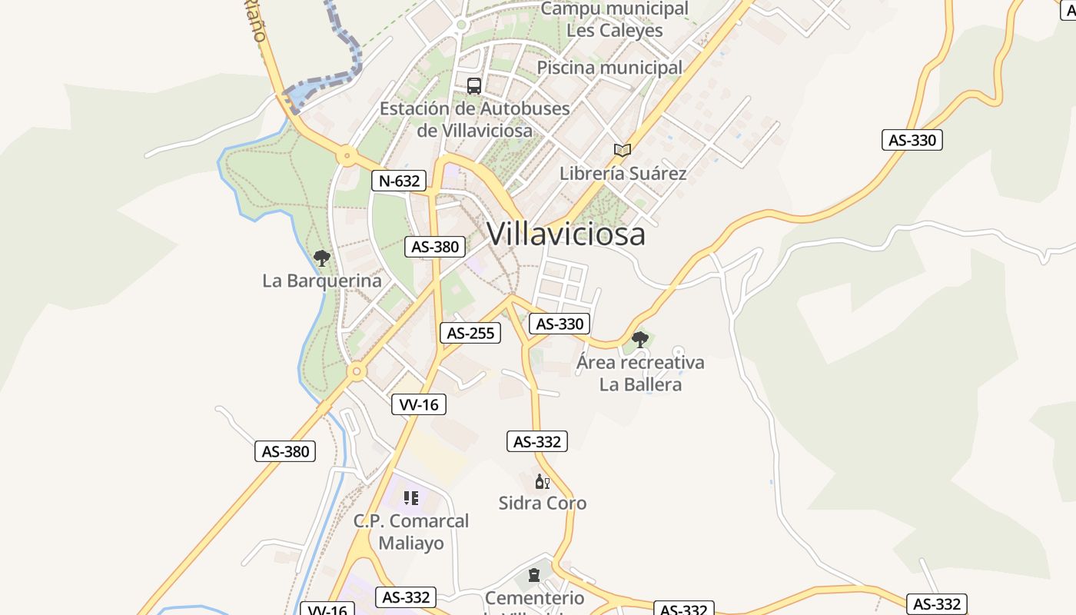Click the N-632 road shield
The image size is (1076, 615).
click(399, 181)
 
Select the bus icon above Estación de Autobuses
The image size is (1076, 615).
click(474, 85)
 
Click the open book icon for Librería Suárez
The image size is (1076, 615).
click(623, 150)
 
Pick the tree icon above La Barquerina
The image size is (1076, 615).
click(322, 258)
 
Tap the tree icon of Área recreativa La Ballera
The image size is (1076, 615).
click(639, 339)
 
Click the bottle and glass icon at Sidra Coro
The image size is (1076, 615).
click(543, 482)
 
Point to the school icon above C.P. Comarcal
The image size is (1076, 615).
click(411, 498)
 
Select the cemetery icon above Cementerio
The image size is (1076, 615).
click(534, 575)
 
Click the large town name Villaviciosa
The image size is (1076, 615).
click(566, 234)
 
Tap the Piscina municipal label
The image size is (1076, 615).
click(609, 68)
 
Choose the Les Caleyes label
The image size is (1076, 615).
click(614, 31)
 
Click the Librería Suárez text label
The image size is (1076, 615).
click(623, 173)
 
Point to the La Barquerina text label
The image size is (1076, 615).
click(322, 281)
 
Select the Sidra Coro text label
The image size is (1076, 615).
click(543, 504)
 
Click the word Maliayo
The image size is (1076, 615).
click(411, 544)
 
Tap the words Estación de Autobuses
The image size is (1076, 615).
click(474, 108)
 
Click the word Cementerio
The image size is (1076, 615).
click(534, 598)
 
